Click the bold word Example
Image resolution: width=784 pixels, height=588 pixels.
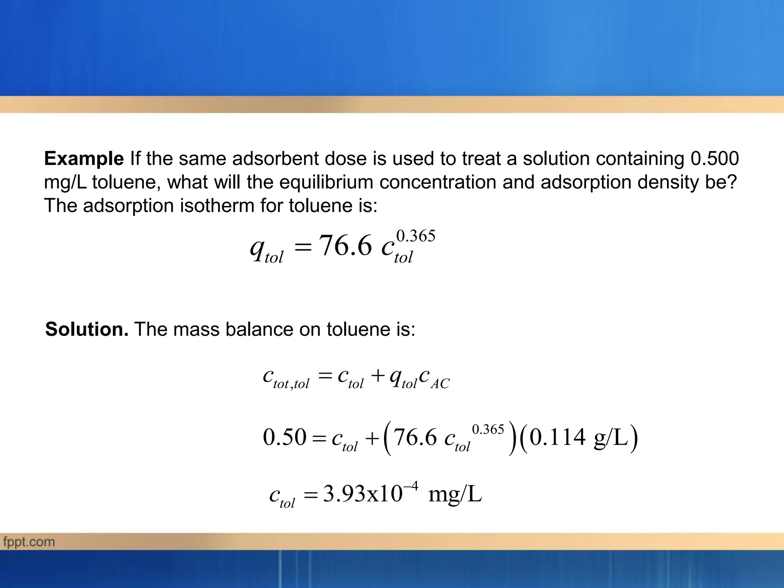coord(84,159)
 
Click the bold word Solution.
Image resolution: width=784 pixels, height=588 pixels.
coord(87,329)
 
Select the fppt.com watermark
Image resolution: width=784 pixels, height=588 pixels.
coord(29,542)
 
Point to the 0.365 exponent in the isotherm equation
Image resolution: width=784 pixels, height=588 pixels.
coord(416,236)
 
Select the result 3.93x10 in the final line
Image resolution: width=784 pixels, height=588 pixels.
coord(362,494)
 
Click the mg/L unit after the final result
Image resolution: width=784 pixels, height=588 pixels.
coord(455,494)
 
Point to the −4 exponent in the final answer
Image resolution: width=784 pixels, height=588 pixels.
coord(411,486)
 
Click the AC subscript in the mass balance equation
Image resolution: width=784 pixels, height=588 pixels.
coord(440,384)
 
